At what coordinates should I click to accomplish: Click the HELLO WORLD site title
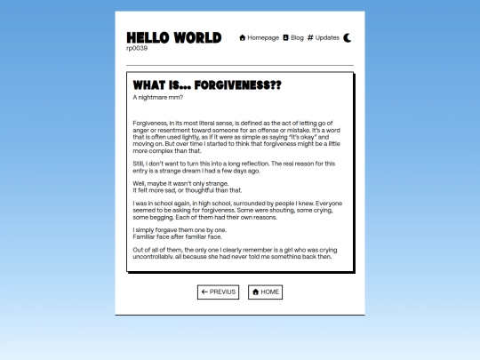pyautogui.click(x=173, y=37)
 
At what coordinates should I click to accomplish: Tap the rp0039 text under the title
pyautogui.click(x=137, y=48)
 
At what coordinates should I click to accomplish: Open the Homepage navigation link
pyautogui.click(x=263, y=37)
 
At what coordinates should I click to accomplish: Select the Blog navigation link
pyautogui.click(x=297, y=37)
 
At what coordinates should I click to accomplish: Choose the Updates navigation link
pyautogui.click(x=327, y=37)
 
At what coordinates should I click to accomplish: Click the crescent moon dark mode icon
pyautogui.click(x=348, y=37)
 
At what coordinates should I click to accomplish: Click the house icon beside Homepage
pyautogui.click(x=243, y=37)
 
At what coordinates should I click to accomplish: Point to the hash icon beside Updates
pyautogui.click(x=310, y=37)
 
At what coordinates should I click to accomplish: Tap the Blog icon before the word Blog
pyautogui.click(x=285, y=37)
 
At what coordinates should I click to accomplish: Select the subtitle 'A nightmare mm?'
pyautogui.click(x=156, y=97)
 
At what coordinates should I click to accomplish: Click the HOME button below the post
pyautogui.click(x=265, y=292)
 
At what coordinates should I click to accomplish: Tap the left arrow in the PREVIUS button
pyautogui.click(x=204, y=292)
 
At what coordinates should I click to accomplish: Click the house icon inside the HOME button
pyautogui.click(x=255, y=292)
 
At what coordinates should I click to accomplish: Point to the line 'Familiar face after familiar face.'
pyautogui.click(x=177, y=237)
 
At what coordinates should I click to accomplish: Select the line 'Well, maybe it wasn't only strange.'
pyautogui.click(x=180, y=183)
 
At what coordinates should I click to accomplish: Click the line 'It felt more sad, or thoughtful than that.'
pyautogui.click(x=187, y=190)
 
